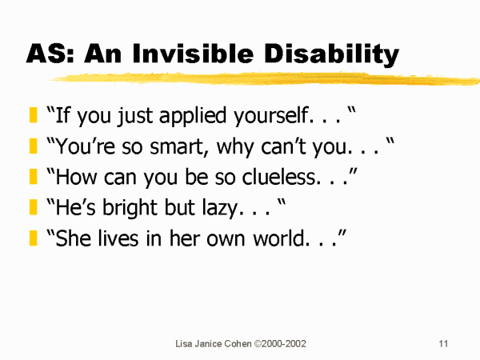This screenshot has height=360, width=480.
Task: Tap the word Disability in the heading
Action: (331, 54)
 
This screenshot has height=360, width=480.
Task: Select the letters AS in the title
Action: (46, 54)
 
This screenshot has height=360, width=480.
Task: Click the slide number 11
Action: (443, 343)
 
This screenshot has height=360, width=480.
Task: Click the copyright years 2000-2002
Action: (283, 343)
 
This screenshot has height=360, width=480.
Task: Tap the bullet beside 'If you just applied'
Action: (34, 114)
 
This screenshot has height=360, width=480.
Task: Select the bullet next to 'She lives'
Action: (34, 238)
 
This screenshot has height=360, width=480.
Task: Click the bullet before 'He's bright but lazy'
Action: (34, 207)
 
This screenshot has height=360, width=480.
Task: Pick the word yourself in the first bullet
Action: (271, 116)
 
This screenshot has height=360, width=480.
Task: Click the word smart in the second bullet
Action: (175, 146)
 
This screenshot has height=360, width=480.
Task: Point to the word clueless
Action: (279, 177)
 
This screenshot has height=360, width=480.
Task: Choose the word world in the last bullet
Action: (278, 238)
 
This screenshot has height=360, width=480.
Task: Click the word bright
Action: (130, 208)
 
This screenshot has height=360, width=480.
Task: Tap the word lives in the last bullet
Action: (118, 238)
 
